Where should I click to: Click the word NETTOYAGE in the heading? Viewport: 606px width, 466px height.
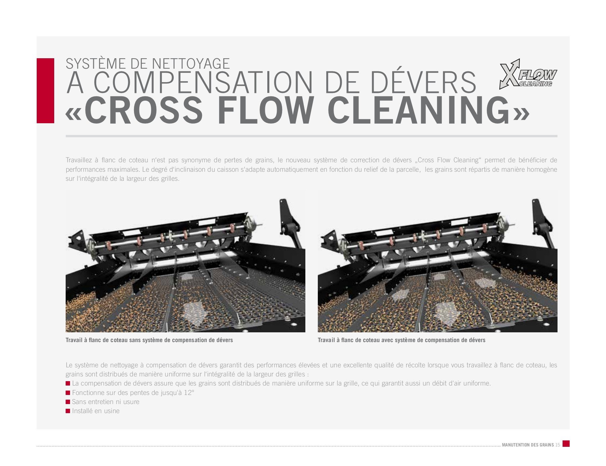[191, 64]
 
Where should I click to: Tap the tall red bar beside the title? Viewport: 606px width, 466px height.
[45, 91]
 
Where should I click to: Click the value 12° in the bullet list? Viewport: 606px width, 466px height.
[189, 393]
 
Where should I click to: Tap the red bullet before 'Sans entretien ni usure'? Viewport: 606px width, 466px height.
[68, 402]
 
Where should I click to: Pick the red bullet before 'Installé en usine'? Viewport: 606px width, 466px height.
[68, 411]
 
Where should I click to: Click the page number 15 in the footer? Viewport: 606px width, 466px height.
[558, 445]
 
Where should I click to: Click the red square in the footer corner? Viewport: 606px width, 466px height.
[566, 443]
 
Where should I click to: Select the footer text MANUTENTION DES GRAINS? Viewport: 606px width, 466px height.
[528, 445]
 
